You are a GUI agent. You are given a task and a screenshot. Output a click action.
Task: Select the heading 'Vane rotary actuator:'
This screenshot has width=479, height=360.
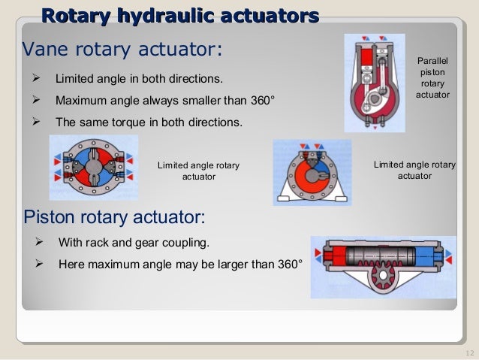(x=122, y=50)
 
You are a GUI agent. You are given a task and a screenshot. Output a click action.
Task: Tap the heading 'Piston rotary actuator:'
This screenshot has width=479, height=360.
(x=115, y=218)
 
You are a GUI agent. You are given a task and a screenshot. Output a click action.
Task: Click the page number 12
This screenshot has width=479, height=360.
(x=471, y=353)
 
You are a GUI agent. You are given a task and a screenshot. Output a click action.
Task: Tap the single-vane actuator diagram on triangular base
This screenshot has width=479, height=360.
(x=310, y=173)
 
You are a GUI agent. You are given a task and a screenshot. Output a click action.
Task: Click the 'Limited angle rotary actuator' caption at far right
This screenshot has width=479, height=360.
(x=414, y=170)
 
